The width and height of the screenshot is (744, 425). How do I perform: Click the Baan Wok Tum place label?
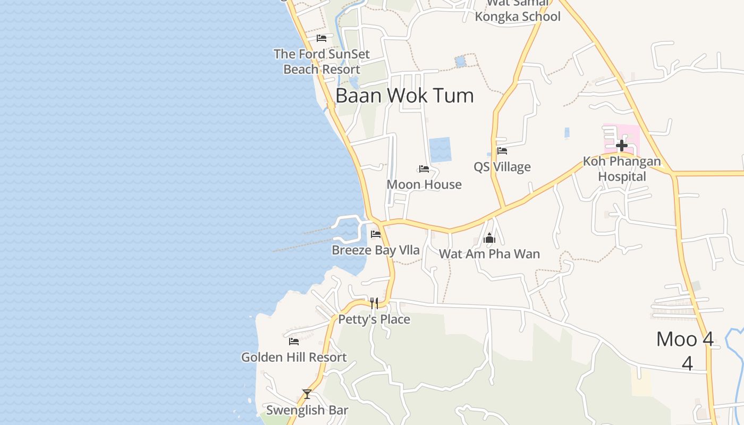click(x=404, y=96)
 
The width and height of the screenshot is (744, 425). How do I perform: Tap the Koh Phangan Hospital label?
click(x=622, y=169)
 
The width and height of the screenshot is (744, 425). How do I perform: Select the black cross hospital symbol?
click(x=621, y=145)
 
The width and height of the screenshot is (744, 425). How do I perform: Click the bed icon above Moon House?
click(x=424, y=169)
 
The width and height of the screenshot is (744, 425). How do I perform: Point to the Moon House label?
click(x=424, y=184)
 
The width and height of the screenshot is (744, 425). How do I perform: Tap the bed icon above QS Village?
click(x=502, y=151)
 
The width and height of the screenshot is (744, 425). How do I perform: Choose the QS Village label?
click(x=502, y=167)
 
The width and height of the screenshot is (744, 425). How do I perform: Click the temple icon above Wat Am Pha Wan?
click(x=489, y=239)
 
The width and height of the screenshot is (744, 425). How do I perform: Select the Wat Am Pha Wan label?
click(x=489, y=254)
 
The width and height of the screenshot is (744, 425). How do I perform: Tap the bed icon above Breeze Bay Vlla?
click(x=376, y=234)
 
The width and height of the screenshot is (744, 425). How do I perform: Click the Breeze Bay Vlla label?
click(x=376, y=250)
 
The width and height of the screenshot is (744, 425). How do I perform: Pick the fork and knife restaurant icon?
click(x=374, y=303)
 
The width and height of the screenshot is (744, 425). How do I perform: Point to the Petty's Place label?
click(x=374, y=319)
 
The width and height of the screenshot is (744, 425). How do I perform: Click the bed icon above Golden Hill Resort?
click(x=293, y=342)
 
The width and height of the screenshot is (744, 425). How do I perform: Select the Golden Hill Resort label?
click(x=293, y=358)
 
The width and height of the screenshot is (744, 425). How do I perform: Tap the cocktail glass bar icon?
click(x=307, y=394)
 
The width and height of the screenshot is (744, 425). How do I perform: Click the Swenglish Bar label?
click(x=307, y=410)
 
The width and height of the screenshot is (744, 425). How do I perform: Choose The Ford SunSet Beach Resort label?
click(x=322, y=62)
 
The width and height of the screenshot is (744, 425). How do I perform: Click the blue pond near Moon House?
click(x=439, y=150)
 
